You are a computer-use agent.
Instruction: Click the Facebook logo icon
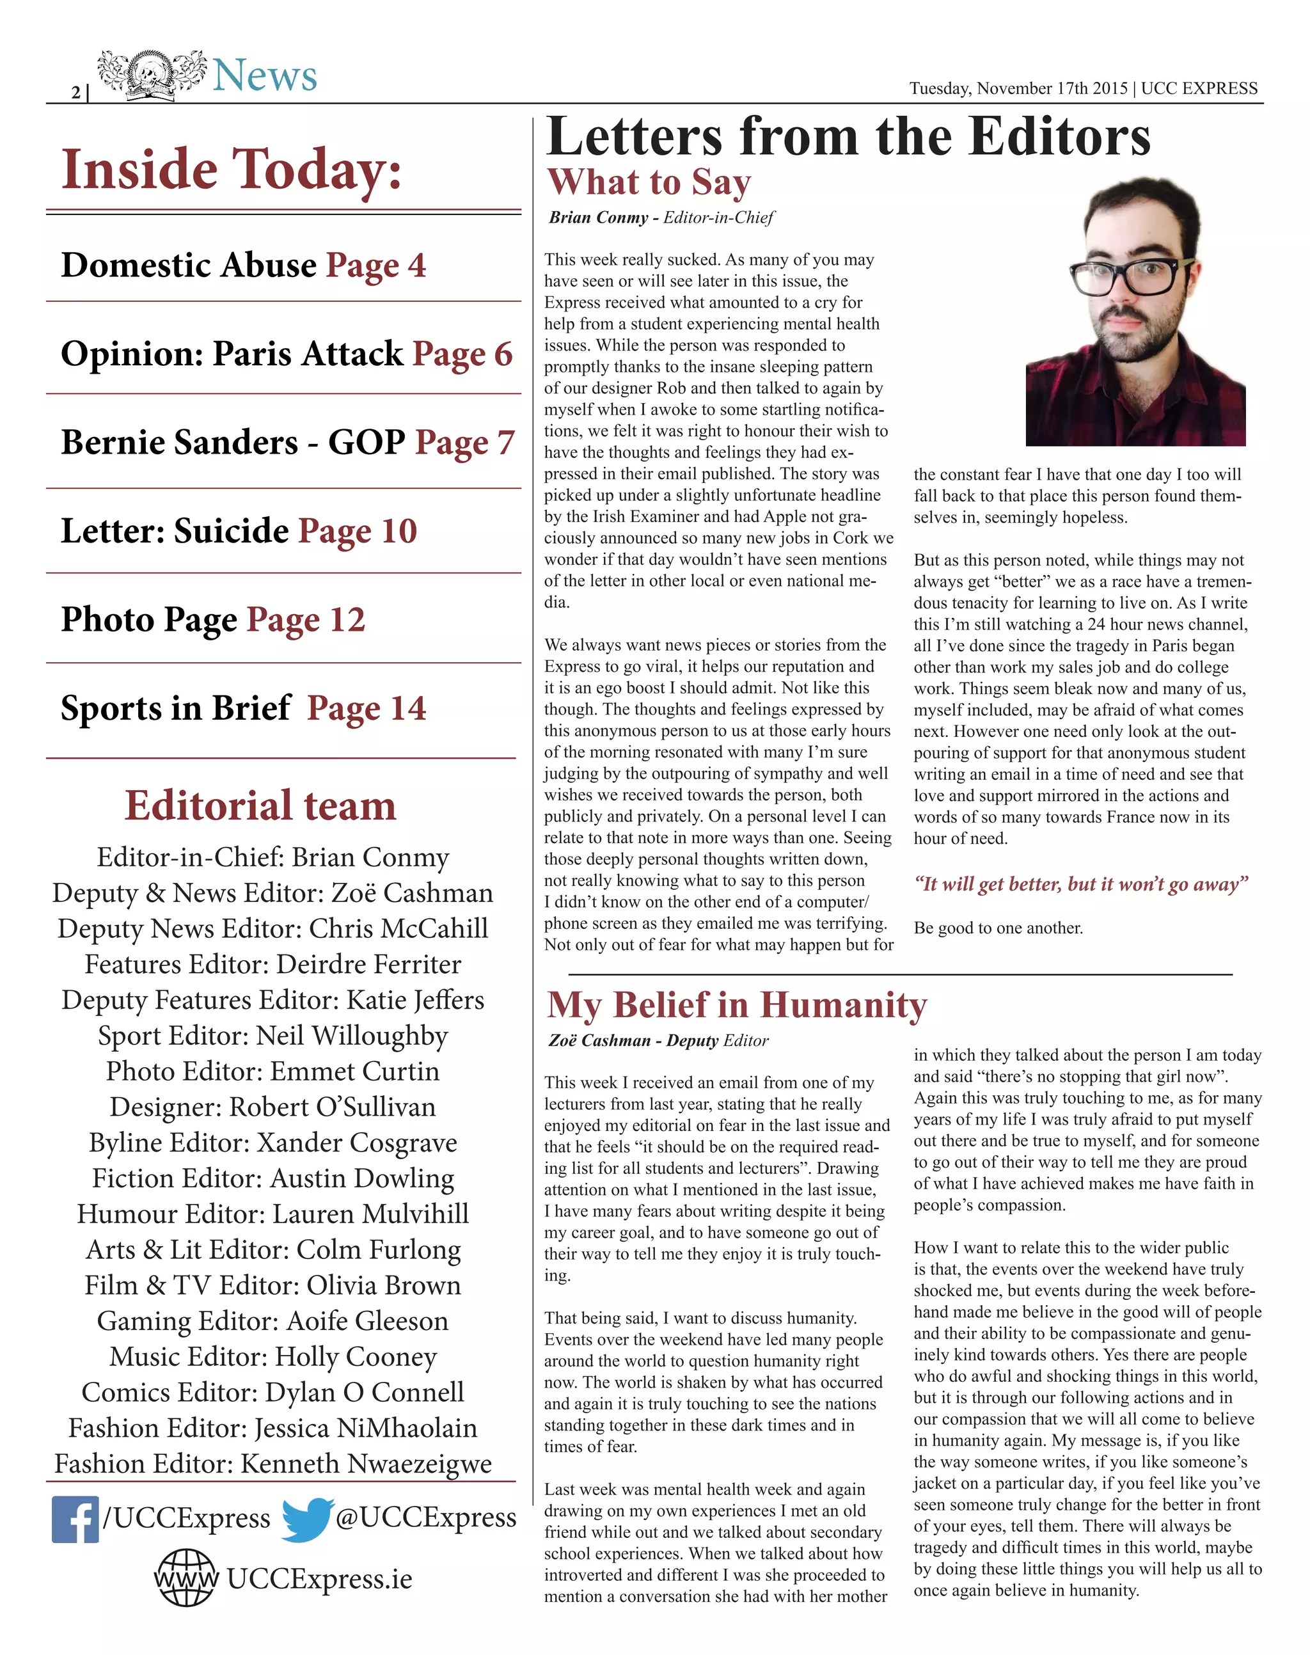coord(75,1519)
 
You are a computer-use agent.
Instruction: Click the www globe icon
coord(186,1578)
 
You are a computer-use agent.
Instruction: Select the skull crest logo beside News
coord(151,75)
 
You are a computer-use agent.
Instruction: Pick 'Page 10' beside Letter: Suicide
coord(358,531)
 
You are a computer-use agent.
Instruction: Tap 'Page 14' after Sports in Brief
coord(367,708)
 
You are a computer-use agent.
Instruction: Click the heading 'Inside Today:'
coord(232,170)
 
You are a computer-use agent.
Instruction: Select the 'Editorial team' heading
coord(261,805)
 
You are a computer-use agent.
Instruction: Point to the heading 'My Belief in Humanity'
coord(736,1006)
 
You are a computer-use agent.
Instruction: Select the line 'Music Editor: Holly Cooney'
coord(273,1357)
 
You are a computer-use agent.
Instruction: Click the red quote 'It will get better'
coord(1080,884)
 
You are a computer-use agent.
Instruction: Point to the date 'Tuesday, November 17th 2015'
coord(1018,88)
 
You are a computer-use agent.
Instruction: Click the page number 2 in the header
coord(76,93)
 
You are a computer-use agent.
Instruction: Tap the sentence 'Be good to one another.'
coord(998,928)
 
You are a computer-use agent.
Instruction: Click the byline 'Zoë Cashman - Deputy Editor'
coord(658,1041)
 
